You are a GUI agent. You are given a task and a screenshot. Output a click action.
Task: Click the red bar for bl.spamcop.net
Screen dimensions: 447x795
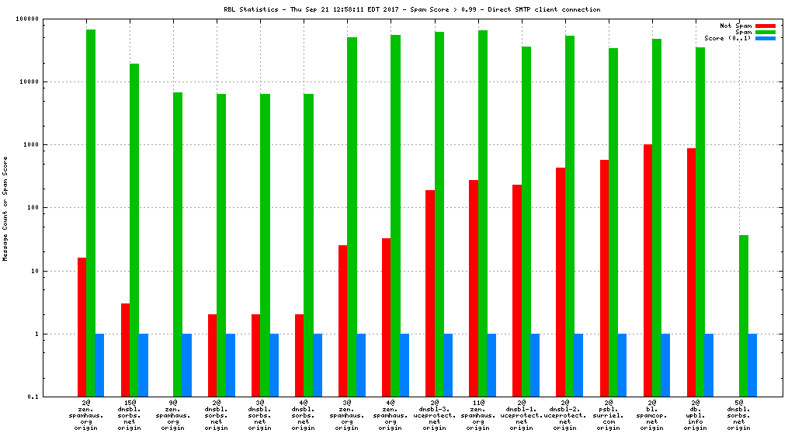click(647, 270)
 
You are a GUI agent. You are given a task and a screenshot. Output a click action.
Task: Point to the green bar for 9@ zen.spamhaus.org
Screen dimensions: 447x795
click(178, 244)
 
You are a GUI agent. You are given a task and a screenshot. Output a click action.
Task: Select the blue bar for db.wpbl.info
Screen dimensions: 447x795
click(709, 366)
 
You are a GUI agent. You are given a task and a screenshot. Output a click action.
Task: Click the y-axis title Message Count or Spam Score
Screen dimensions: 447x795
click(5, 208)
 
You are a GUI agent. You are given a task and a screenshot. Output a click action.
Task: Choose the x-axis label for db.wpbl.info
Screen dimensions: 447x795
click(696, 415)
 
